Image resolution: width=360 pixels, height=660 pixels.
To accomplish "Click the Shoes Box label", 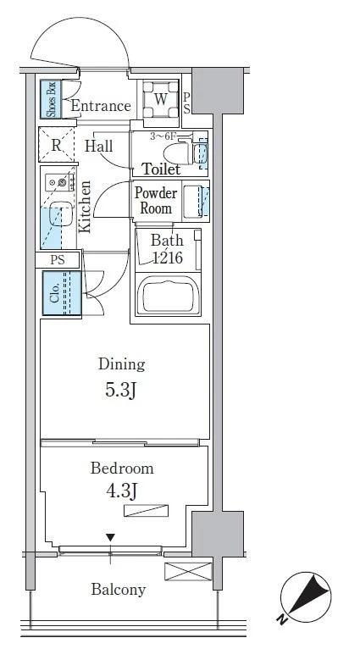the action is click(x=51, y=99).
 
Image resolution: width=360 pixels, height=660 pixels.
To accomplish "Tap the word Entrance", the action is click(x=101, y=106).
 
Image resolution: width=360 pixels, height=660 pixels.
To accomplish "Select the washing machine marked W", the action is click(x=160, y=99).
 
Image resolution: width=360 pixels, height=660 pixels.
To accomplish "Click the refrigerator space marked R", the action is click(x=56, y=145).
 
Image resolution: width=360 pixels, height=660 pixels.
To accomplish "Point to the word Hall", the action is click(x=99, y=146).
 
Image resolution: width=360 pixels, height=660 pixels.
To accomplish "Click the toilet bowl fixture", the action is click(x=179, y=153).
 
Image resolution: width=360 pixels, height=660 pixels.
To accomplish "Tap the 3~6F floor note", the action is click(x=163, y=136).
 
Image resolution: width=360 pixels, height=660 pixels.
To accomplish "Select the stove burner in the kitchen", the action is click(x=63, y=183).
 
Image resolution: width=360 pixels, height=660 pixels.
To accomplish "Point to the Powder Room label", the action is click(x=155, y=200).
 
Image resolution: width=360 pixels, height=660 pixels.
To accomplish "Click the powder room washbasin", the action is click(x=192, y=202).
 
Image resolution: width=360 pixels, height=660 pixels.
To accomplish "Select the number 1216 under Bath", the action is click(x=167, y=258).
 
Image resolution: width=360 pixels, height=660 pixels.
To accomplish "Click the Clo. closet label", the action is click(x=54, y=293).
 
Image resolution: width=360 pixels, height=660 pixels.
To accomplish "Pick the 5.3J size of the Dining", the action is click(x=121, y=390).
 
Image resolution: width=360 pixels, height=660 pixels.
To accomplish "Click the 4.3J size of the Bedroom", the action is click(x=121, y=491).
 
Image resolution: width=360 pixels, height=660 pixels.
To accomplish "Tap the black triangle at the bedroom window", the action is click(x=110, y=537).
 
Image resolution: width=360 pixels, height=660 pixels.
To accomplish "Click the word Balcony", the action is click(x=119, y=590).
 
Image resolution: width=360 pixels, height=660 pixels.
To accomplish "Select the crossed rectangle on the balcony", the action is click(x=188, y=571).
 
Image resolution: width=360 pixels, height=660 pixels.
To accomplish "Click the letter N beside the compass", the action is click(x=281, y=618).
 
